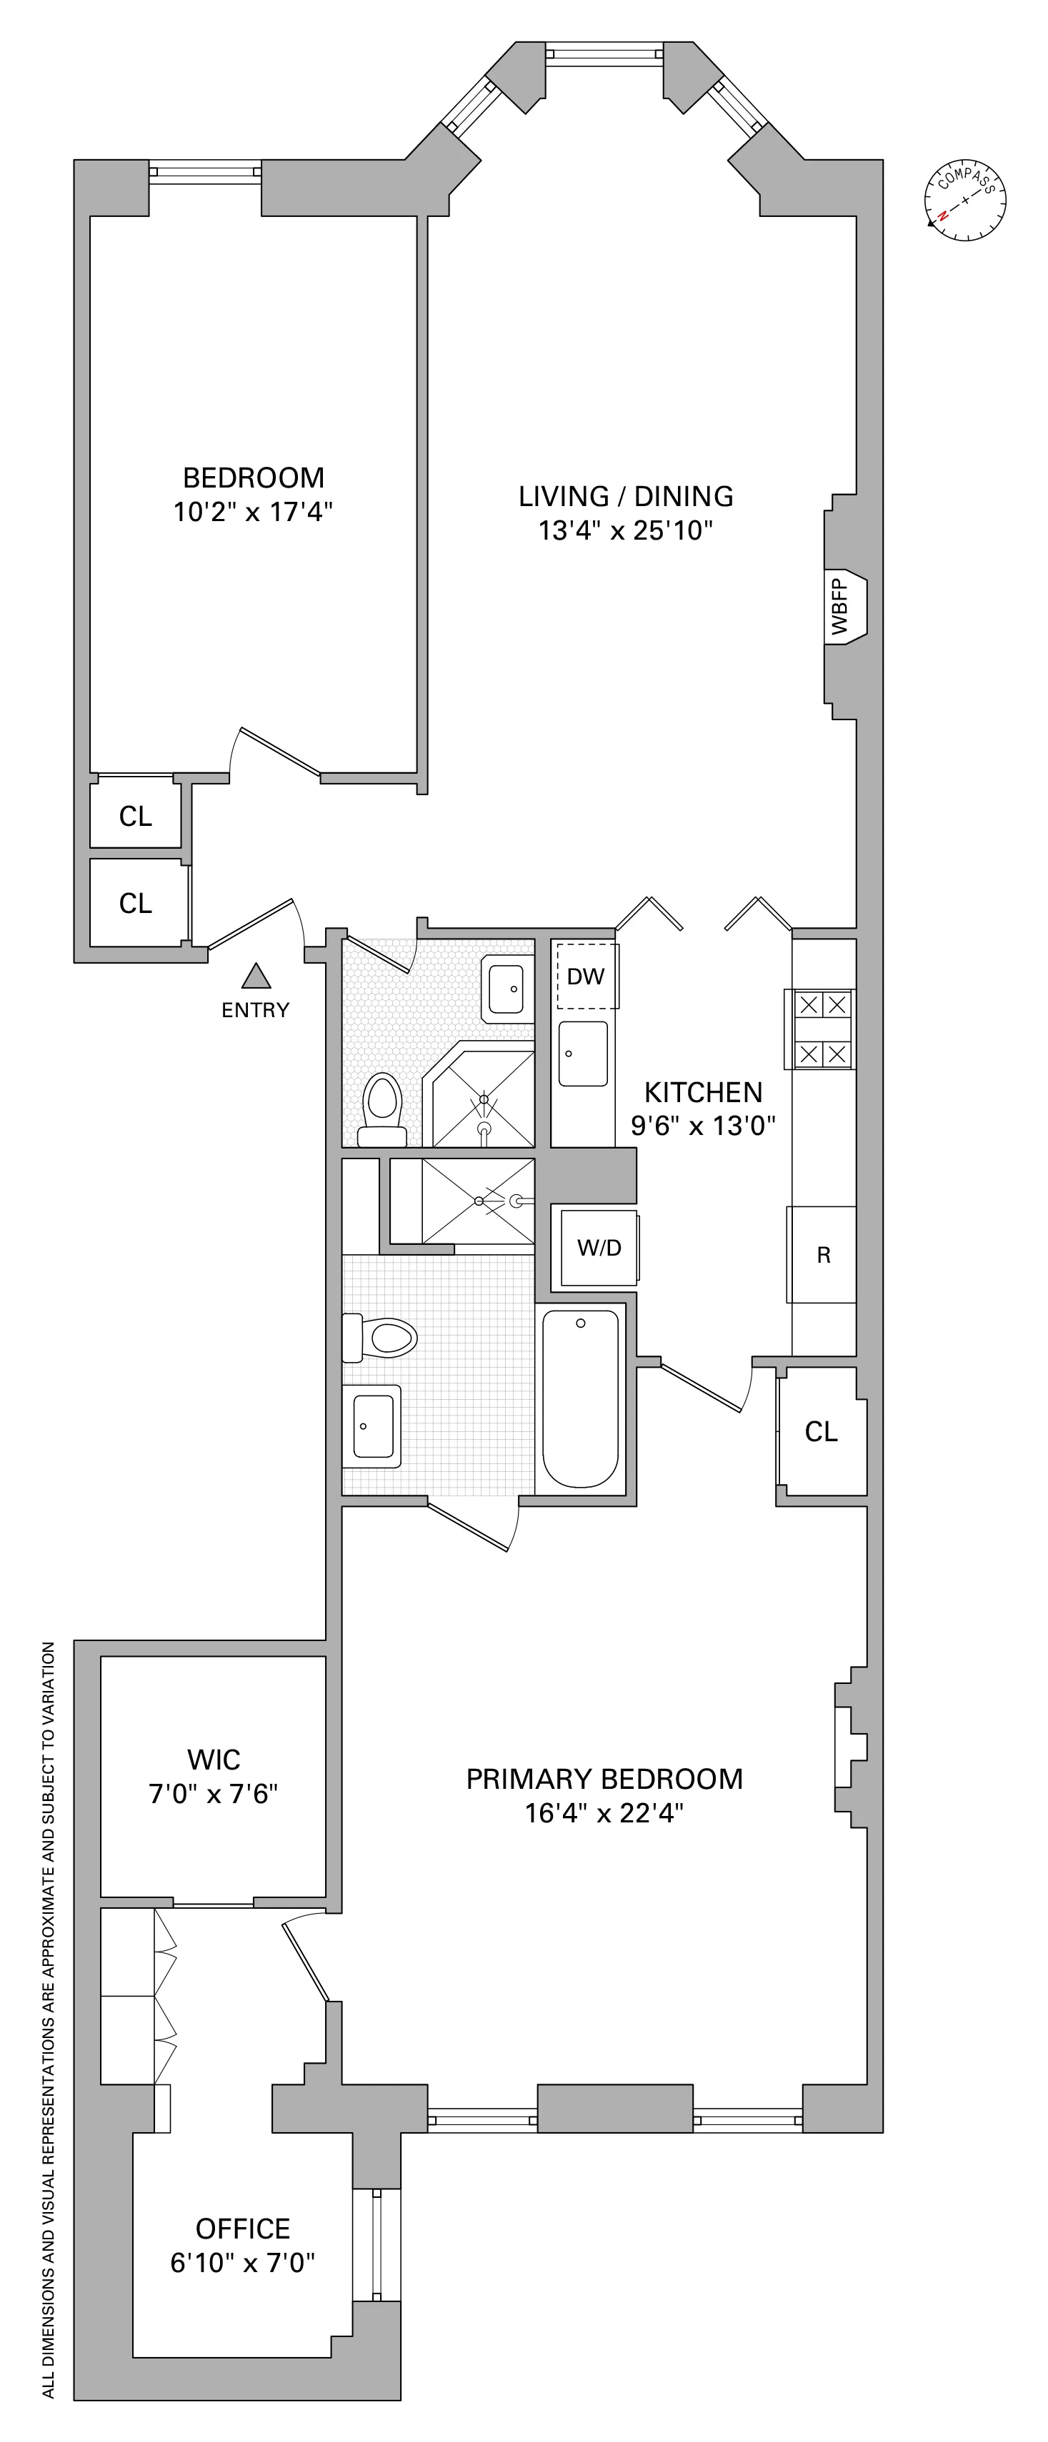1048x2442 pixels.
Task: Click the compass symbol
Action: click(964, 199)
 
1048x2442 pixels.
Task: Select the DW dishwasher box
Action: click(586, 977)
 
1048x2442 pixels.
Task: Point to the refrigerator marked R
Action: click(823, 1255)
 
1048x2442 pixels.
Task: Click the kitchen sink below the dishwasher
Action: click(582, 1053)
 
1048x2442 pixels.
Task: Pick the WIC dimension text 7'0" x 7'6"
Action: click(214, 1794)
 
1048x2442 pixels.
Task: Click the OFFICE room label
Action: click(243, 2228)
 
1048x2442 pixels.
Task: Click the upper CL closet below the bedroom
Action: click(136, 816)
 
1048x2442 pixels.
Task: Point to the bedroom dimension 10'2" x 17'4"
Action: click(253, 513)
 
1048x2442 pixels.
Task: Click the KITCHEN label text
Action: click(703, 1092)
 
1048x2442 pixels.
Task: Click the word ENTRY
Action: click(255, 1011)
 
